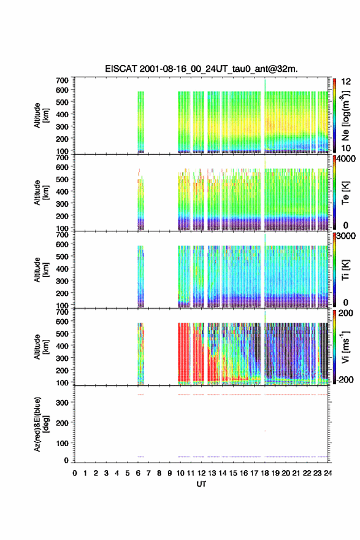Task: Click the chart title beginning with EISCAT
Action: point(201,69)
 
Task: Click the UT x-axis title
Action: point(201,484)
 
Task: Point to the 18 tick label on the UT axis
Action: point(265,473)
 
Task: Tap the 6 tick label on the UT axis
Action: point(138,473)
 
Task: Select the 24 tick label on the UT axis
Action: point(328,473)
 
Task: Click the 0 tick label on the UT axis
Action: point(75,473)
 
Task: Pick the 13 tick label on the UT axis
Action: point(212,473)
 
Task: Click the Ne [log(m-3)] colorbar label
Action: point(345,115)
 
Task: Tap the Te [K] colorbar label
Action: point(345,193)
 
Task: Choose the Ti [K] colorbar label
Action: point(345,269)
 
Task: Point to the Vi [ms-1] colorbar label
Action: point(345,347)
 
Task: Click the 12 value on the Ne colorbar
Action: point(346,81)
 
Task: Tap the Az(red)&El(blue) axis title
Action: point(42,424)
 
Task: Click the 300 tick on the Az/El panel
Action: point(62,403)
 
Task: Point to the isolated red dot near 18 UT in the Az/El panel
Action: point(265,431)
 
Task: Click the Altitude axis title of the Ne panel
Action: point(41,115)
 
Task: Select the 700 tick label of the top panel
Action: point(62,80)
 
